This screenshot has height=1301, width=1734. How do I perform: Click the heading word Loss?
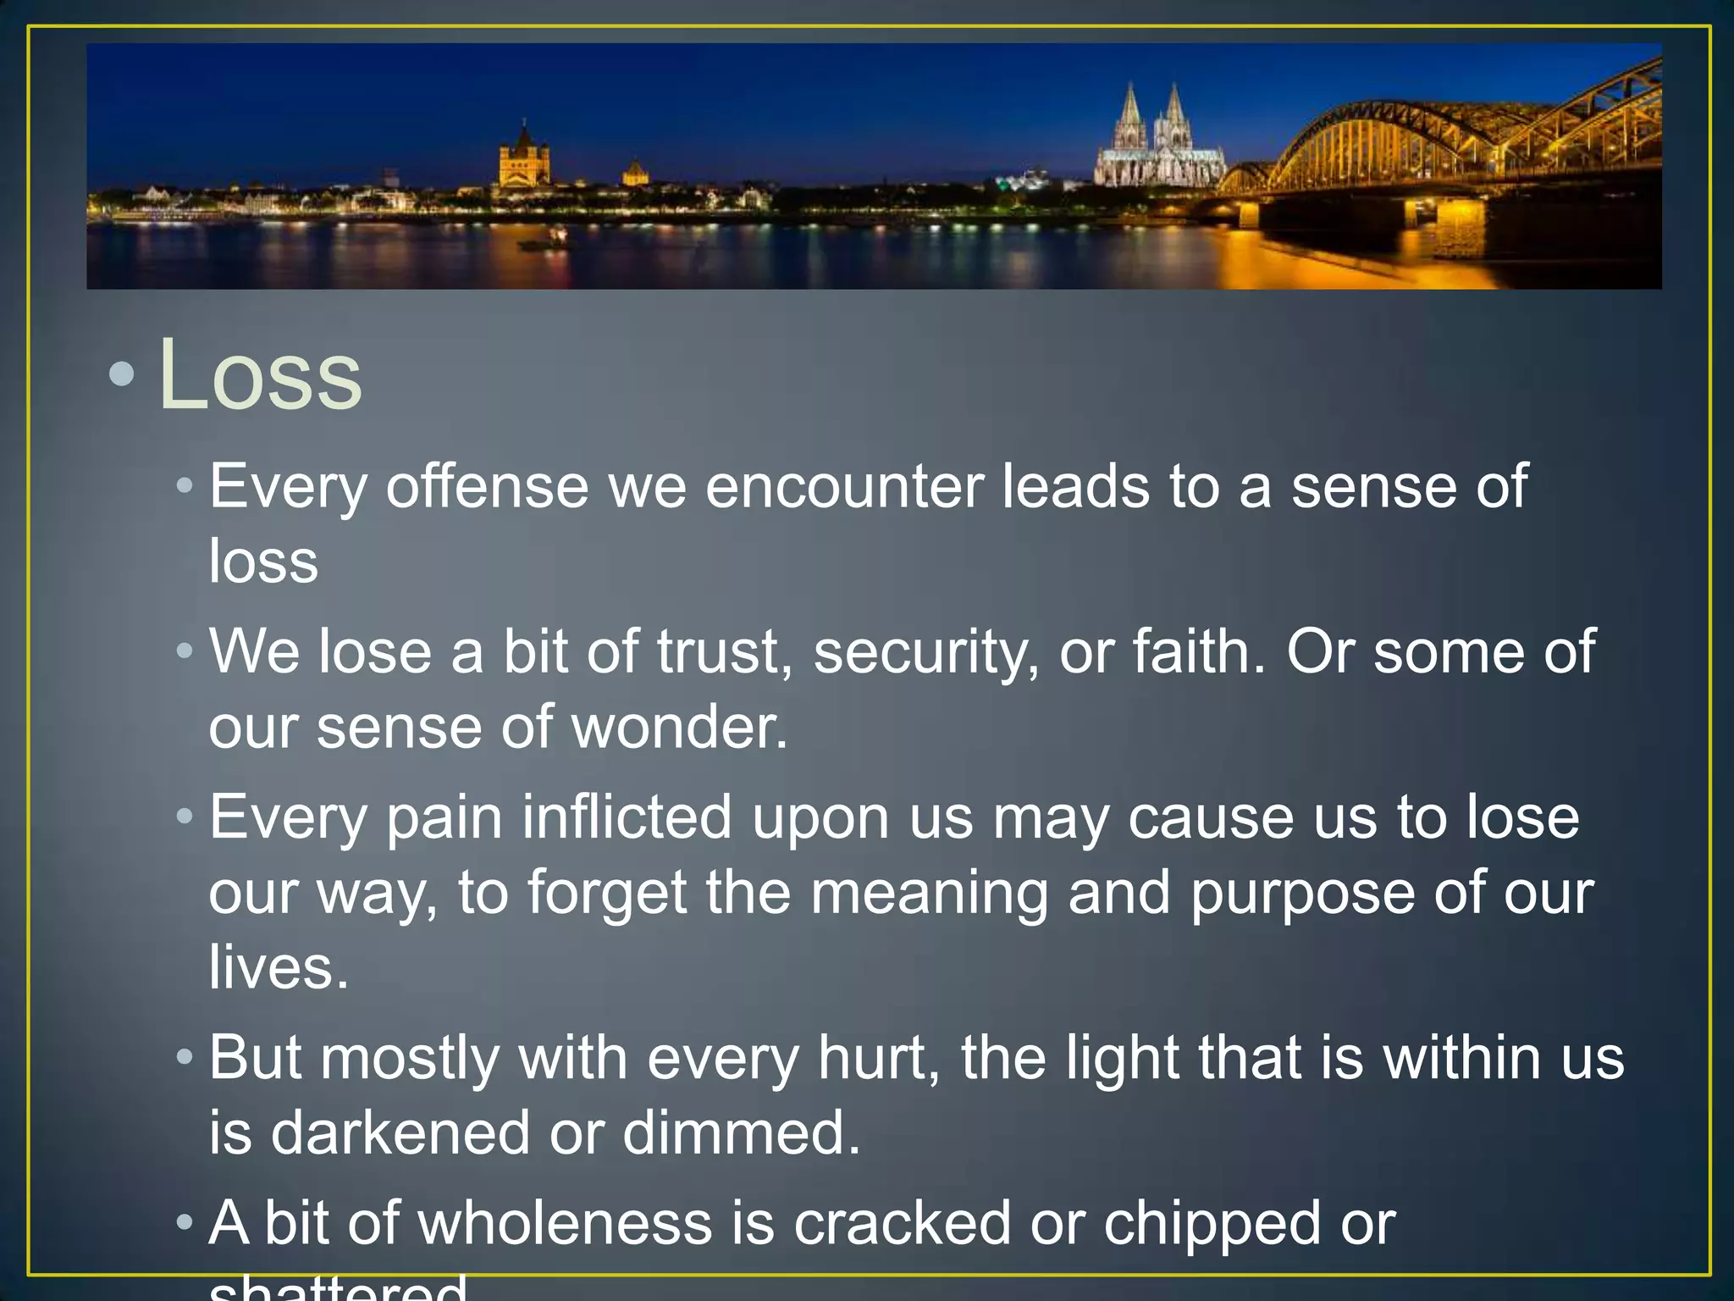tap(260, 375)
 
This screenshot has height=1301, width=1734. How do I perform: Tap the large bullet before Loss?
tap(122, 375)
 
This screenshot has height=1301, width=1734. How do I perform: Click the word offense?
tap(487, 487)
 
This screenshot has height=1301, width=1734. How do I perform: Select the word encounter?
tap(844, 487)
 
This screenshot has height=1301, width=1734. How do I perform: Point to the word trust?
tap(725, 652)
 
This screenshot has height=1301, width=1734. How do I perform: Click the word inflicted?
tap(627, 817)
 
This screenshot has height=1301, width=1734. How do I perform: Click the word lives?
tap(278, 967)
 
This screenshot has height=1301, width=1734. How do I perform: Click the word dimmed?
tap(741, 1133)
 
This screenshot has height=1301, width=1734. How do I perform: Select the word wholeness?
tap(565, 1224)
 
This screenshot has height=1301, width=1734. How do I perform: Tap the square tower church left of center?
tap(524, 159)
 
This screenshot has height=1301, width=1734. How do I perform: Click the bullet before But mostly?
tap(185, 1059)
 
